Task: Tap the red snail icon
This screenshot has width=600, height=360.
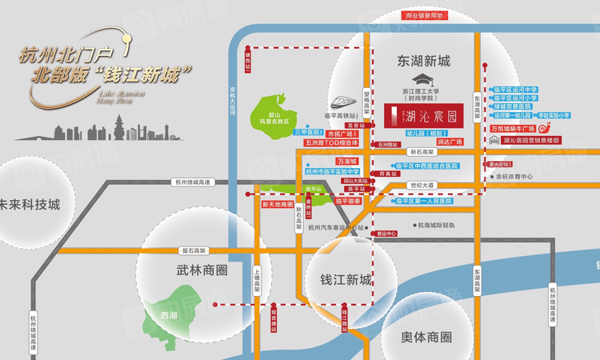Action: (545, 126)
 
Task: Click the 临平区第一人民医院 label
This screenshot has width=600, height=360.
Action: (423, 201)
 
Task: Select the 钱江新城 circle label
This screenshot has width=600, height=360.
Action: (346, 281)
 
